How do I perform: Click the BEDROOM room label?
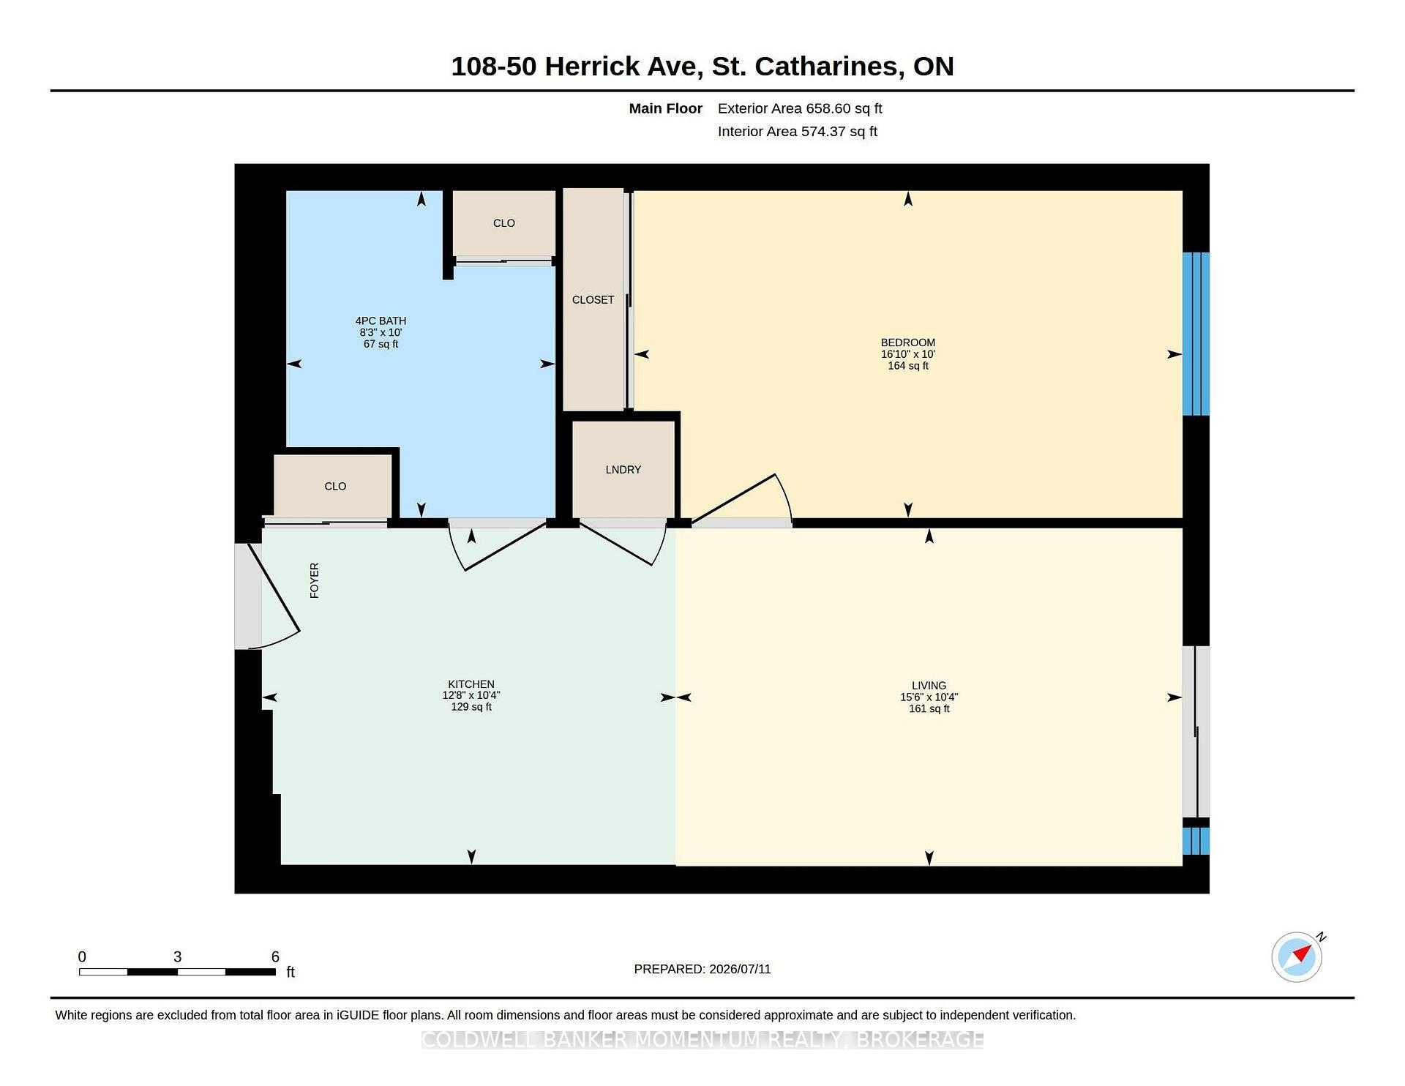click(x=907, y=342)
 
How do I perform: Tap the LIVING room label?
click(x=929, y=686)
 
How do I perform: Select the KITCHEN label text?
click(x=471, y=684)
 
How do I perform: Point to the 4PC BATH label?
click(x=381, y=321)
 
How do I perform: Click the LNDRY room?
click(x=623, y=469)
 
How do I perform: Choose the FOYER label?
click(x=315, y=580)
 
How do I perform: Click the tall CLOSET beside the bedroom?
click(x=593, y=299)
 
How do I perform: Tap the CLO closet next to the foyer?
click(x=334, y=486)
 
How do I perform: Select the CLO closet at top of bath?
click(x=504, y=223)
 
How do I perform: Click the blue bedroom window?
click(x=1196, y=334)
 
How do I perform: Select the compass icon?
click(x=1297, y=956)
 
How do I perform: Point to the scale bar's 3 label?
click(x=177, y=956)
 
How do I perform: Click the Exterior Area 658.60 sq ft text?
click(x=800, y=108)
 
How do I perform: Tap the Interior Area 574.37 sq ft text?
click(x=798, y=132)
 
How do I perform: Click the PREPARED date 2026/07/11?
click(x=740, y=969)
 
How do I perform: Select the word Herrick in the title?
click(x=621, y=67)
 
